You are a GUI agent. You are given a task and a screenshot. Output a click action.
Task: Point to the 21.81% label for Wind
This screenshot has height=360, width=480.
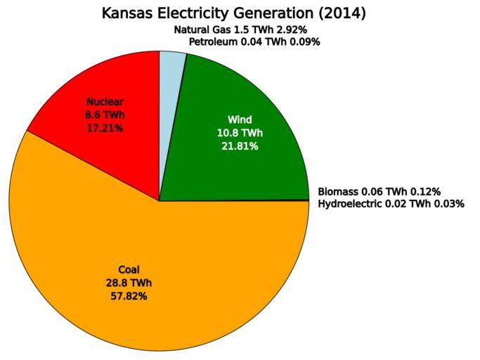[240, 146]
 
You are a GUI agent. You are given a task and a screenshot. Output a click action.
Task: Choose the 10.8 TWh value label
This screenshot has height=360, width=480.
[240, 133]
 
